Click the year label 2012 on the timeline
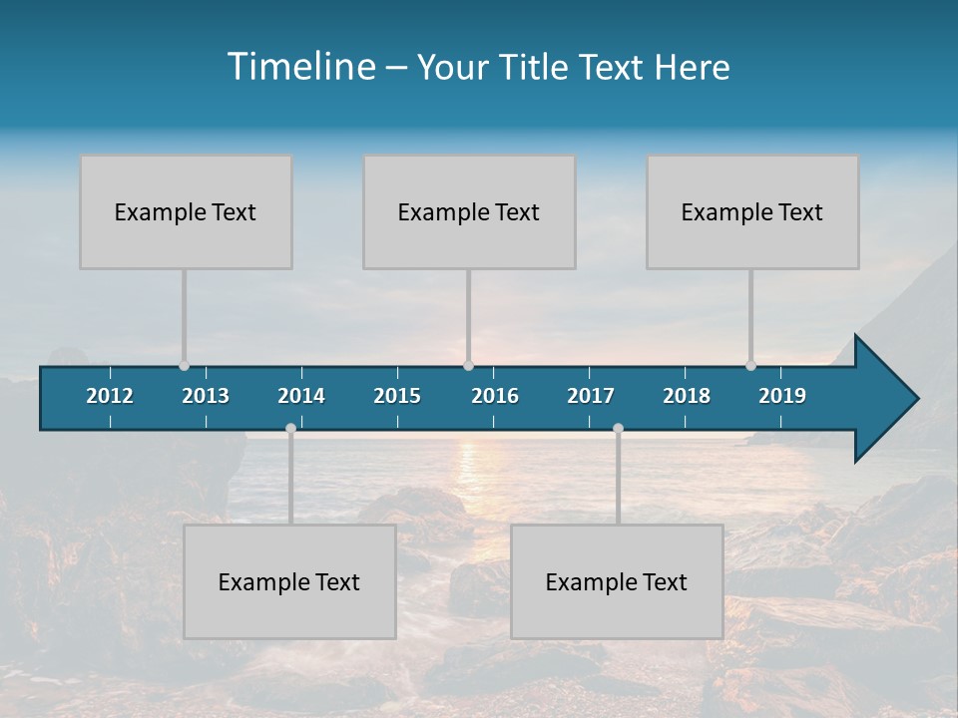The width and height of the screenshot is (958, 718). click(x=110, y=396)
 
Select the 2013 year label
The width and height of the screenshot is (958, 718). click(x=206, y=396)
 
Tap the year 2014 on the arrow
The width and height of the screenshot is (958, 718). click(x=301, y=396)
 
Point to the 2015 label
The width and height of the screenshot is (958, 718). click(x=397, y=396)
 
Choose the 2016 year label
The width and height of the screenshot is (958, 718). click(x=495, y=396)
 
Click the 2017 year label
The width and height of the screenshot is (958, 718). click(x=591, y=396)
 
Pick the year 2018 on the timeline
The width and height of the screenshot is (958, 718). click(x=687, y=396)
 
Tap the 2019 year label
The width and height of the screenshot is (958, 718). click(x=782, y=396)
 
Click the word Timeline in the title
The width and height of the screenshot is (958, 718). click(x=300, y=67)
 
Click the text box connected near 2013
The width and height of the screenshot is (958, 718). click(x=186, y=211)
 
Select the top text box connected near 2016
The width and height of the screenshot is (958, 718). click(x=469, y=211)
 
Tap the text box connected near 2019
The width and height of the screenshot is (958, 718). click(x=752, y=211)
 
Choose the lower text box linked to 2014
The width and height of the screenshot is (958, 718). click(x=289, y=581)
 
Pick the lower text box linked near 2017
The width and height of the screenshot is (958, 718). click(x=617, y=581)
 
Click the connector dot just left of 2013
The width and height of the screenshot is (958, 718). click(x=184, y=366)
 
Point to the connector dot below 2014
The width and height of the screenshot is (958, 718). click(x=290, y=429)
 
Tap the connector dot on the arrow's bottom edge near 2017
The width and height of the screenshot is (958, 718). click(x=618, y=429)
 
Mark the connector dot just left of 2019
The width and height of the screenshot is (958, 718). click(x=750, y=366)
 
